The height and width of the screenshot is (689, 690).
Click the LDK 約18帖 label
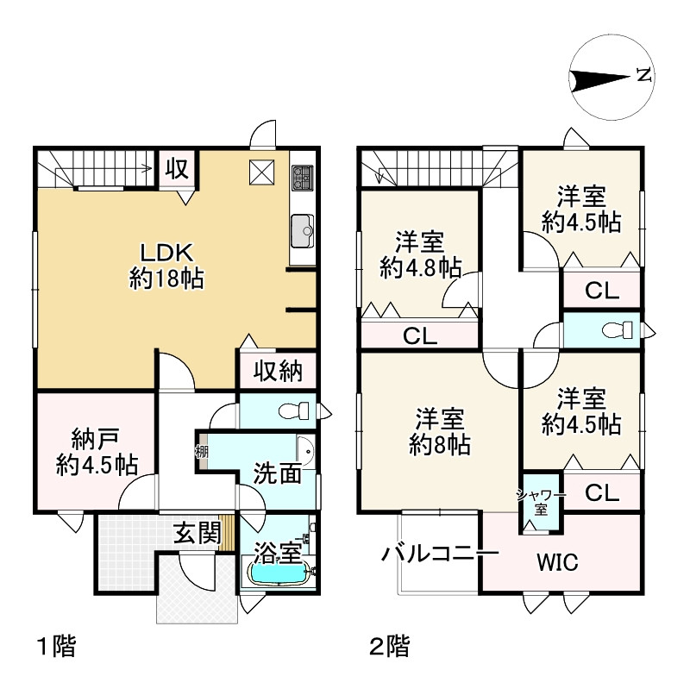coord(166,266)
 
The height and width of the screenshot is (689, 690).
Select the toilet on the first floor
coord(294,411)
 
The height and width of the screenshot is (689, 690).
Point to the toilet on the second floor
coord(617,330)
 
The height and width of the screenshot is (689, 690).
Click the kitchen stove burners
coord(303,178)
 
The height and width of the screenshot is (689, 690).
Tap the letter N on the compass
coord(643,75)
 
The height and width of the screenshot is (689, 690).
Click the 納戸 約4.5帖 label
coord(97,453)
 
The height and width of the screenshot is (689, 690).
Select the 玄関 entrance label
coord(197,533)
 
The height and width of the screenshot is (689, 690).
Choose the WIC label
coord(557,562)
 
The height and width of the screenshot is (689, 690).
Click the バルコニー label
coord(440,554)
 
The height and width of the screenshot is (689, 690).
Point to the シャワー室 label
coord(541,503)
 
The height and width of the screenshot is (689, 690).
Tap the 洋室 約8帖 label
coord(440,432)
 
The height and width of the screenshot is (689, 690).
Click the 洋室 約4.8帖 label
coord(420,254)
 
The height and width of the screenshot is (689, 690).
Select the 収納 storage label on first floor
coord(278,371)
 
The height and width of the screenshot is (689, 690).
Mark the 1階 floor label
coord(57,646)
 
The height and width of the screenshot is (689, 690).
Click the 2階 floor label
coord(390,646)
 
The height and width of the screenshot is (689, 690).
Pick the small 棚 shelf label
coord(202,452)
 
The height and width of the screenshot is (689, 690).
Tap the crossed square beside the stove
coord(262,172)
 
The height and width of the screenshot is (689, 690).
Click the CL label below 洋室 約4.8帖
coord(420,336)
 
